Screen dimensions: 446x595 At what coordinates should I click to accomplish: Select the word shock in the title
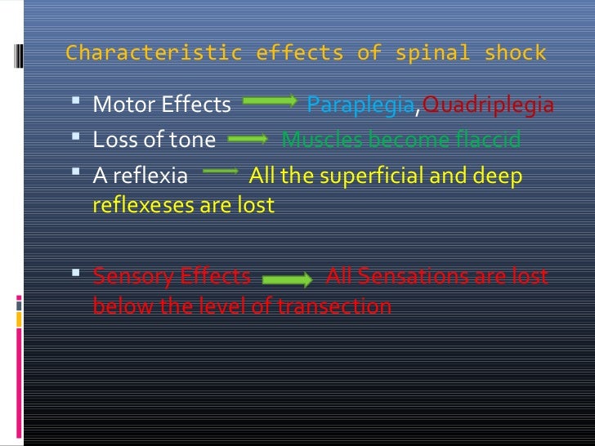[x=515, y=54]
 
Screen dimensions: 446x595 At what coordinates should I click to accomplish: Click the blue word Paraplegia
[x=360, y=105]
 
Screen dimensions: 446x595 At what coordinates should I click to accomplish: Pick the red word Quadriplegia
[x=488, y=105]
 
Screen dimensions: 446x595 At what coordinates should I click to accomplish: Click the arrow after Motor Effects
[x=270, y=102]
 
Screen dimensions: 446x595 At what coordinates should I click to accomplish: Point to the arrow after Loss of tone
[x=248, y=140]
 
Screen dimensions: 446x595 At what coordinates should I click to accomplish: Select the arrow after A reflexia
[x=218, y=172]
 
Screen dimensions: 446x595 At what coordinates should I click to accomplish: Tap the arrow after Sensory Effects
[x=288, y=279]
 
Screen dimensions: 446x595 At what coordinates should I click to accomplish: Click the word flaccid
[x=487, y=140]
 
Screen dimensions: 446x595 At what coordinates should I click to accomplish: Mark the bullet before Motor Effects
[x=77, y=104]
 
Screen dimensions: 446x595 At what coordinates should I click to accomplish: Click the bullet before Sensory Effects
[x=77, y=274]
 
